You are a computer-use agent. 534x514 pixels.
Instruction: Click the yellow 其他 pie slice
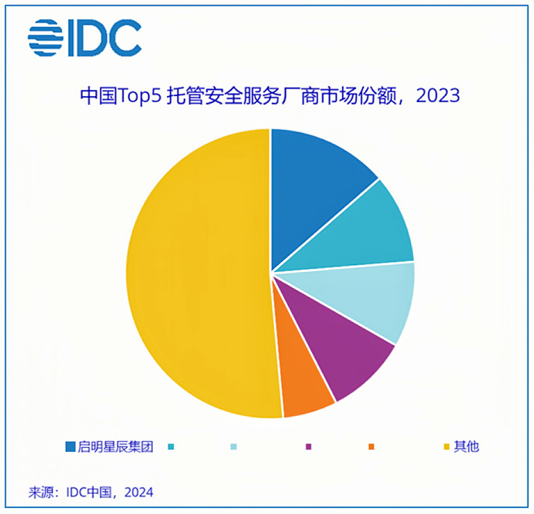(x=196, y=271)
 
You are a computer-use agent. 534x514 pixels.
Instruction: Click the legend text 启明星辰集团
(x=116, y=446)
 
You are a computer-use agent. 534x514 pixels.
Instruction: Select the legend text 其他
(x=466, y=446)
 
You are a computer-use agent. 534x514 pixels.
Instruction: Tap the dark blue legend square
(x=70, y=446)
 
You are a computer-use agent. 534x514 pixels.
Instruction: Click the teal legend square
(x=171, y=446)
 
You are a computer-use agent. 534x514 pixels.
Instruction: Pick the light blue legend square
(x=234, y=446)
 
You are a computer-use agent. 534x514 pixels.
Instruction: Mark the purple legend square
(x=309, y=446)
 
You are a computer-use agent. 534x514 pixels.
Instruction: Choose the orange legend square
(x=371, y=446)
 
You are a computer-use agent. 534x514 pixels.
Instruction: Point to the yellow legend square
(x=446, y=446)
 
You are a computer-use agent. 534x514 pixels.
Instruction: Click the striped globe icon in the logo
(x=45, y=37)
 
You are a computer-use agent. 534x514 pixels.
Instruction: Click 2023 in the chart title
(x=437, y=95)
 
